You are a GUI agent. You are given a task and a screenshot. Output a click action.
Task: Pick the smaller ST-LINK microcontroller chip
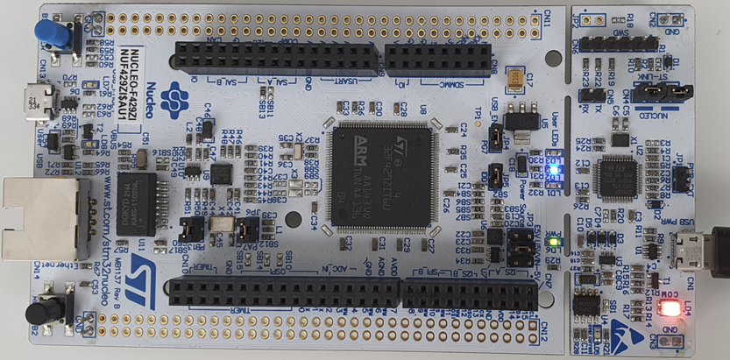619,176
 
